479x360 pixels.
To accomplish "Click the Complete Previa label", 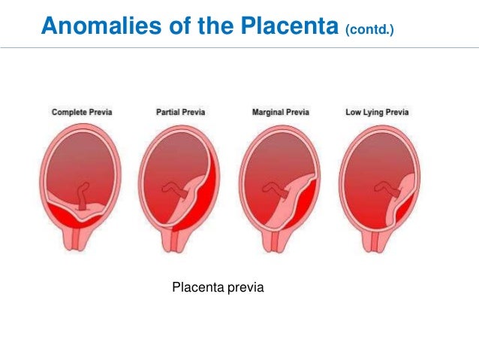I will [82, 112].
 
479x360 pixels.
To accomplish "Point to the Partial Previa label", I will [180, 112].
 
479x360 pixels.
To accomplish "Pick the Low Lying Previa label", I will [377, 112].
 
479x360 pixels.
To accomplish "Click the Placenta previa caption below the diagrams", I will [218, 287].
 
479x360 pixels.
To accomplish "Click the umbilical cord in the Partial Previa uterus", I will [181, 189].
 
